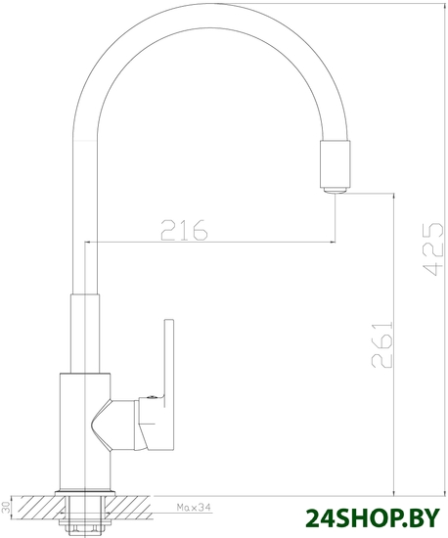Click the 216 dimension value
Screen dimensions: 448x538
pos(184,229)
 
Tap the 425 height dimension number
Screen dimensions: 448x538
pos(432,249)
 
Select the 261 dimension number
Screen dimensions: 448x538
pos(381,344)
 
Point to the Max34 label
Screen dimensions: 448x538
pos(194,507)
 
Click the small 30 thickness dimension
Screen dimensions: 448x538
pos(6,507)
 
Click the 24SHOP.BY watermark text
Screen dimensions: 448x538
pos(373,517)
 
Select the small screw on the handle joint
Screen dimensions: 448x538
pos(151,397)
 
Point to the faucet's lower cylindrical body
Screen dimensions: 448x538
pos(85,431)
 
